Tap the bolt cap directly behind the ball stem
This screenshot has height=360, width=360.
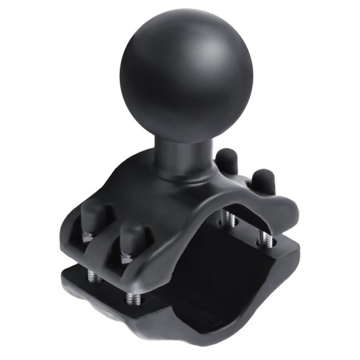click(x=227, y=161)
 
